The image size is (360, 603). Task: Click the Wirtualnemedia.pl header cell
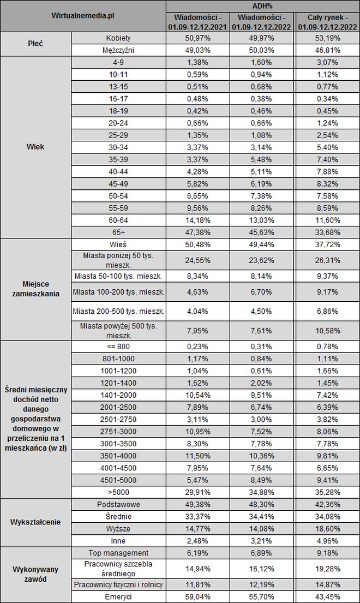pyautogui.click(x=83, y=16)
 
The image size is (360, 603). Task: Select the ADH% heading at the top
pyautogui.click(x=262, y=5)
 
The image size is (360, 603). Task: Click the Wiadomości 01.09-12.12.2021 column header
pyautogui.click(x=197, y=21)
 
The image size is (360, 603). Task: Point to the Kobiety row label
pyautogui.click(x=119, y=38)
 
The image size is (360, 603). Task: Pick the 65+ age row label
pyautogui.click(x=119, y=232)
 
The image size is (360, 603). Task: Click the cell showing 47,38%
pyautogui.click(x=197, y=232)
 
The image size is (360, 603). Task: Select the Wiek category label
pyautogui.click(x=35, y=146)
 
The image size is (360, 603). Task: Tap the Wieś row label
pyautogui.click(x=119, y=243)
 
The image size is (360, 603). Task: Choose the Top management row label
pyautogui.click(x=119, y=553)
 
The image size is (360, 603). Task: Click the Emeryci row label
pyautogui.click(x=119, y=597)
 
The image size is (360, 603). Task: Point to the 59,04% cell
pyautogui.click(x=197, y=597)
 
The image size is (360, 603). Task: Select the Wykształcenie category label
pyautogui.click(x=35, y=522)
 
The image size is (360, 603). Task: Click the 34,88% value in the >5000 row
pyautogui.click(x=262, y=492)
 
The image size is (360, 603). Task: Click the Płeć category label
pyautogui.click(x=35, y=44)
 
